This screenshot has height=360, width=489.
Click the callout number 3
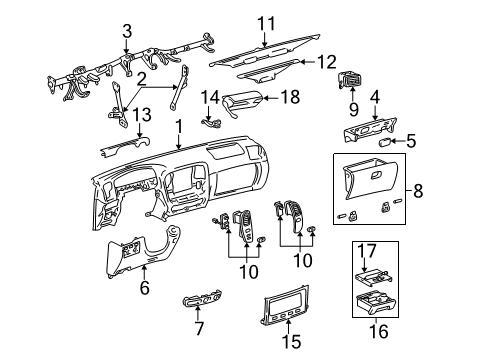click(126, 32)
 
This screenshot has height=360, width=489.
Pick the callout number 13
click(142, 115)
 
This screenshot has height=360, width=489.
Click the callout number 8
click(463, 188)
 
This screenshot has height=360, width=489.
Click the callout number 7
click(196, 328)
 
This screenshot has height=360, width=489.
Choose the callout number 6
click(146, 288)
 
